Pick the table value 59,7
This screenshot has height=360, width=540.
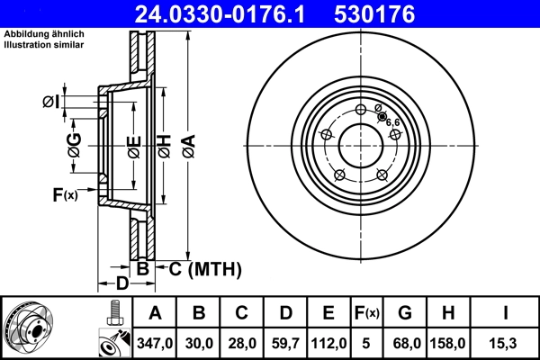pyautogui.click(x=285, y=342)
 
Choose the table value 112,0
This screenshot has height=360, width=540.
pyautogui.click(x=328, y=342)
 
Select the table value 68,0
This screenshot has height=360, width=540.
pyautogui.click(x=405, y=342)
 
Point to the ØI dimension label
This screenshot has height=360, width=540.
pyautogui.click(x=51, y=102)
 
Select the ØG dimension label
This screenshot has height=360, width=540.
pyautogui.click(x=74, y=145)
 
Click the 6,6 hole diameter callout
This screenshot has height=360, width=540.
pyautogui.click(x=392, y=121)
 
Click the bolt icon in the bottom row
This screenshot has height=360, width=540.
pyautogui.click(x=113, y=314)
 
